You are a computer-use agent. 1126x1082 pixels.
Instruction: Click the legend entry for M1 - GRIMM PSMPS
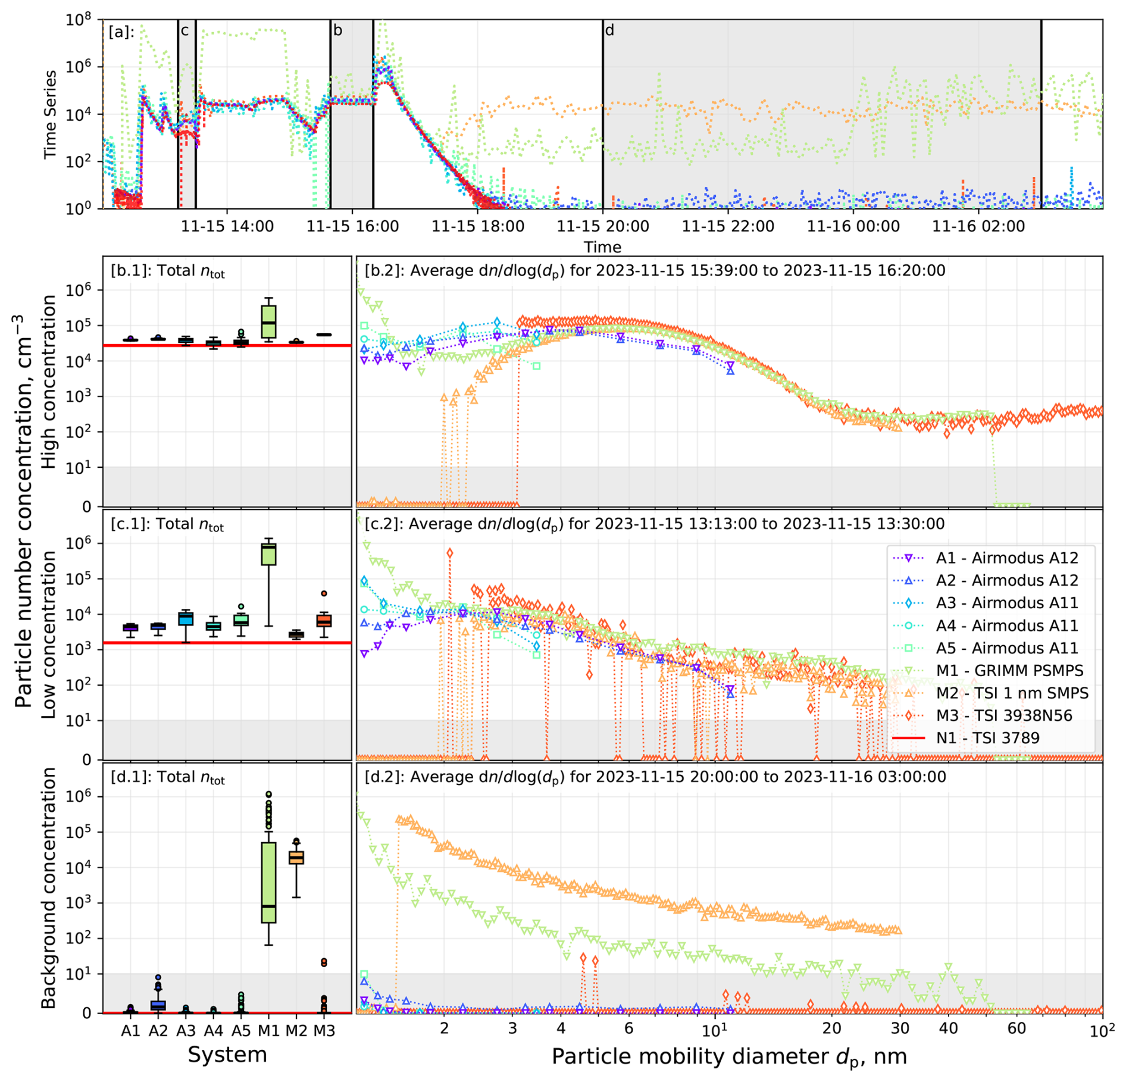(1009, 670)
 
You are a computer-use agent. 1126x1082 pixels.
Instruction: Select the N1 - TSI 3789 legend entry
(987, 738)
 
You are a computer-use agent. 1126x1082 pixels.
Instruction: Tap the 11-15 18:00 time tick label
(477, 227)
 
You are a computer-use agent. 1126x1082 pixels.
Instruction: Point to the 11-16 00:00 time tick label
(853, 227)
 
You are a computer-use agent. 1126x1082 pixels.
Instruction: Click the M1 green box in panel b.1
(268, 321)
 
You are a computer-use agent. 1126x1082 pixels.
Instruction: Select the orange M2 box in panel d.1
(296, 858)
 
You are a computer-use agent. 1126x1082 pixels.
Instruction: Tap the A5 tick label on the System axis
(241, 1030)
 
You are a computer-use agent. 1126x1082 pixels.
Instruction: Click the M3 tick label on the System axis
(324, 1030)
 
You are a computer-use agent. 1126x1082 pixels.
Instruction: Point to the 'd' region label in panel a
(609, 30)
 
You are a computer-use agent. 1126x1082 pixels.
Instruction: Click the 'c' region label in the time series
(184, 30)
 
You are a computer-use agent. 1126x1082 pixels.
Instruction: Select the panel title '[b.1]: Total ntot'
(168, 271)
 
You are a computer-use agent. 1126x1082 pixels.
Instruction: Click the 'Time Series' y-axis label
(51, 114)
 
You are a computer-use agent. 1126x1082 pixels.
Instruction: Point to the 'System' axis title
(227, 1055)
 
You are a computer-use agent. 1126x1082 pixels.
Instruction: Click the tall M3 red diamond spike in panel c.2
(449, 553)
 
